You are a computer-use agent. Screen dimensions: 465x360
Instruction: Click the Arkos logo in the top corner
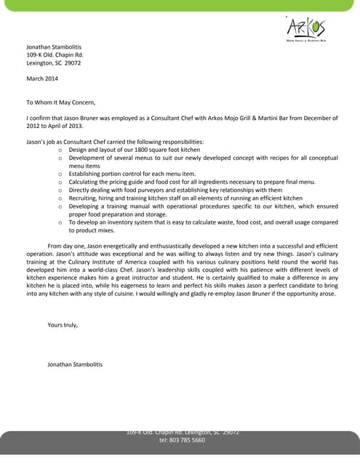[x=305, y=28]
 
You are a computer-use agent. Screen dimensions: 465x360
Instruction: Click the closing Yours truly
[x=63, y=324]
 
